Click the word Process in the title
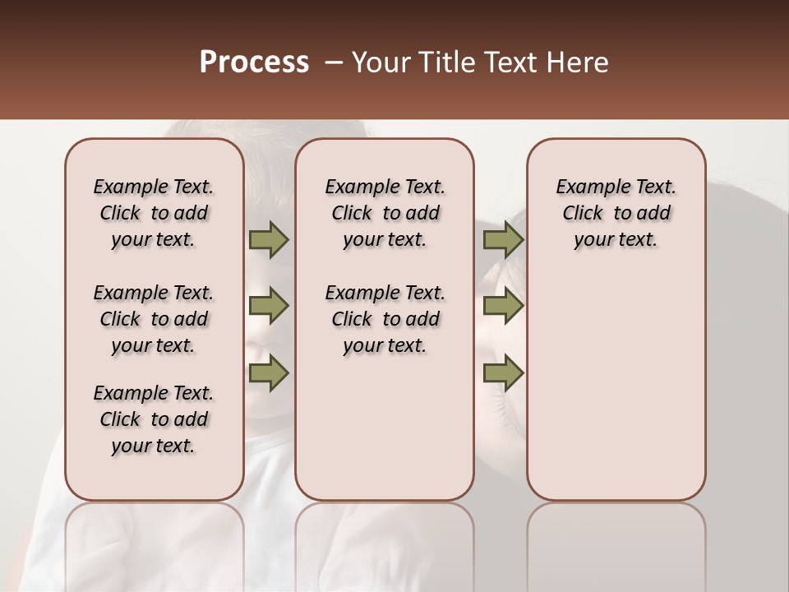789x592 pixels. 254,62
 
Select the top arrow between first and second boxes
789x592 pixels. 269,239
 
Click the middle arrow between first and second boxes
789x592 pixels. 269,306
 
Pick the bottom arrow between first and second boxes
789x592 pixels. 269,372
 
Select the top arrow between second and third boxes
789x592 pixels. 503,239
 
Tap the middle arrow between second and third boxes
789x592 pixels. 503,306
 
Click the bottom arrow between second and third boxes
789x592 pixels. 503,372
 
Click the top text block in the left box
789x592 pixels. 154,213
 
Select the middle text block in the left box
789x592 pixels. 154,319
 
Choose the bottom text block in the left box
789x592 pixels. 154,419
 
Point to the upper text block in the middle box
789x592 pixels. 385,213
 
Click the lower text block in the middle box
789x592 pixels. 385,319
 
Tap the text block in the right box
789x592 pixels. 616,213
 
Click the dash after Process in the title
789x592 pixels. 333,62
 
